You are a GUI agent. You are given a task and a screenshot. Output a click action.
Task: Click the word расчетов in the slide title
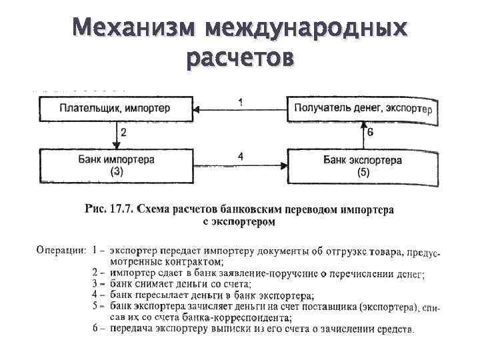point(240,59)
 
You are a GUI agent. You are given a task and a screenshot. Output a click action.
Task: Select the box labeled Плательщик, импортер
point(115,107)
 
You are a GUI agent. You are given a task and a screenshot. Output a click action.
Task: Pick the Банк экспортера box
point(362,165)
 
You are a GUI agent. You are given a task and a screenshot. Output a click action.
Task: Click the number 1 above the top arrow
point(240,101)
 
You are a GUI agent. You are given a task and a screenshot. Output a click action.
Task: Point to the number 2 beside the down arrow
point(124,133)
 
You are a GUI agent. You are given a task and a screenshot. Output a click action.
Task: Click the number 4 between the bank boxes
point(240,157)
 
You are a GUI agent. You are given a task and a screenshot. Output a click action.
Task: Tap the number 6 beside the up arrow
point(371,133)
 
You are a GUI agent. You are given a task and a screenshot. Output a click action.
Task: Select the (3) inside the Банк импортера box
point(116,171)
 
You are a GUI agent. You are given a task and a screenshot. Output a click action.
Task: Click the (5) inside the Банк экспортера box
point(363,171)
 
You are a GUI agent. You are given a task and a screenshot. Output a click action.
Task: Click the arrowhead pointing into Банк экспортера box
point(285,165)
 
